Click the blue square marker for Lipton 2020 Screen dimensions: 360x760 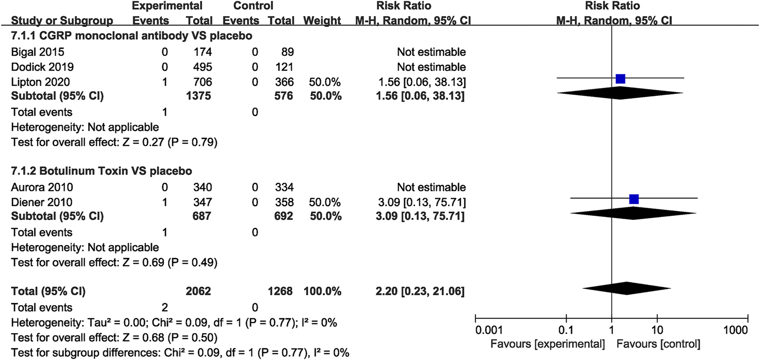(620, 79)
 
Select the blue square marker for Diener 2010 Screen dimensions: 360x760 (634, 199)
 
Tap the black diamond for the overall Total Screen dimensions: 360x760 (627, 288)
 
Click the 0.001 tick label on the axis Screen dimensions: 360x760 (489, 330)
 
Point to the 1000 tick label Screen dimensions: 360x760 (735, 330)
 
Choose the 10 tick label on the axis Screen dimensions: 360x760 (657, 330)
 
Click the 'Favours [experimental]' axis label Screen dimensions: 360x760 (548, 344)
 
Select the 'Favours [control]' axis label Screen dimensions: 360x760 (658, 344)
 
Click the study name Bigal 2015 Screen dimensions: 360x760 (38, 52)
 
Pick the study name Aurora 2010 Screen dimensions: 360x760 (42, 187)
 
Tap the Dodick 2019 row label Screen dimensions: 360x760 (42, 67)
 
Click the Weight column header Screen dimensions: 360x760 (322, 21)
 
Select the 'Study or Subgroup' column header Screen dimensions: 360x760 (62, 21)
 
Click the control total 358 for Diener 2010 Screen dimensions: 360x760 (284, 202)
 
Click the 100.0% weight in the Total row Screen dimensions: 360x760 (322, 291)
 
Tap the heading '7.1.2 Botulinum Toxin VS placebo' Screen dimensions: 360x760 (102, 171)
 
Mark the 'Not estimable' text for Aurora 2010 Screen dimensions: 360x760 (431, 187)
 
